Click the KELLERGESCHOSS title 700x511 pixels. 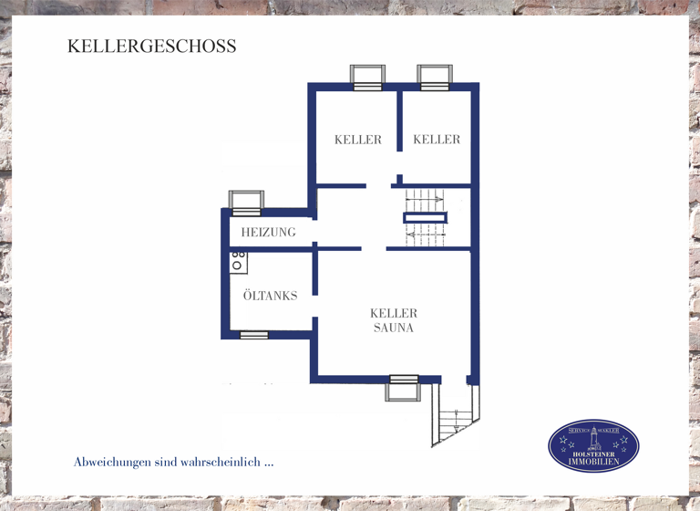151,46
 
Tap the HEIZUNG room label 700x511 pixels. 268,232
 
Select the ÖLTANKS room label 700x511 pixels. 270,296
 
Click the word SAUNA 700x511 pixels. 394,328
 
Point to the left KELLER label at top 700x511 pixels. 357,140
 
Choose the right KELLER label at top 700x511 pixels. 437,140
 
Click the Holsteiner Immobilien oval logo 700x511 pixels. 593,446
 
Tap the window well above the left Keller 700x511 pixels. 367,77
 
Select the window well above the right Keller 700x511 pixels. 435,77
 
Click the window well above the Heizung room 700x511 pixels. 246,202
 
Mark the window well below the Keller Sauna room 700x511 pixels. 402,389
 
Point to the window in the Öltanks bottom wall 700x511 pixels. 254,335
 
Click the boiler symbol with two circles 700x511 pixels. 238,261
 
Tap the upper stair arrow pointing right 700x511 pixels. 425,198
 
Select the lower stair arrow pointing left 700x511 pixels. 425,235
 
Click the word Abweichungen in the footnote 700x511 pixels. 112,462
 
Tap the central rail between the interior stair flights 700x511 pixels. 426,217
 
